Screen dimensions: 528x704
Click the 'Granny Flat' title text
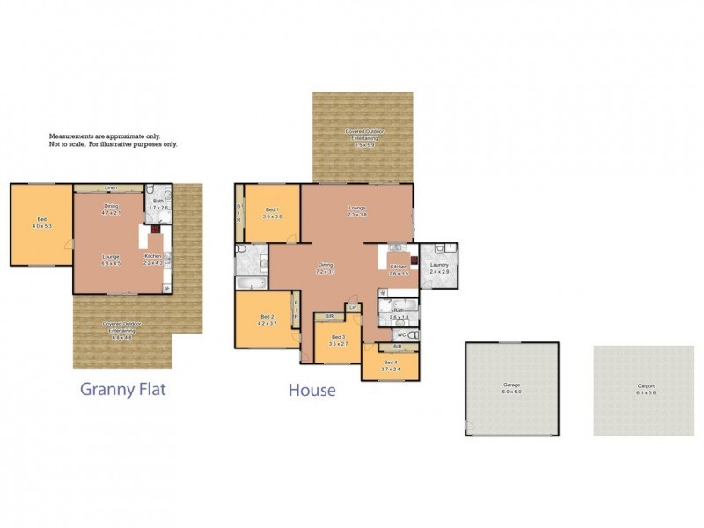click(x=122, y=388)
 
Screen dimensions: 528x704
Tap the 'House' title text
click(x=312, y=389)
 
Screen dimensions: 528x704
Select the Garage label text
click(x=511, y=386)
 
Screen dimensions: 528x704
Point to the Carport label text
click(x=646, y=388)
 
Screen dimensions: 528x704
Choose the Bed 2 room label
click(x=268, y=320)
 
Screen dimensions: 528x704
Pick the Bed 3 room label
click(x=339, y=339)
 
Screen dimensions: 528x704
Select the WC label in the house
click(x=400, y=335)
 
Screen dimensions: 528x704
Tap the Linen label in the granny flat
click(x=111, y=187)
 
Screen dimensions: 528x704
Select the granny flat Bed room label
click(x=41, y=223)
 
